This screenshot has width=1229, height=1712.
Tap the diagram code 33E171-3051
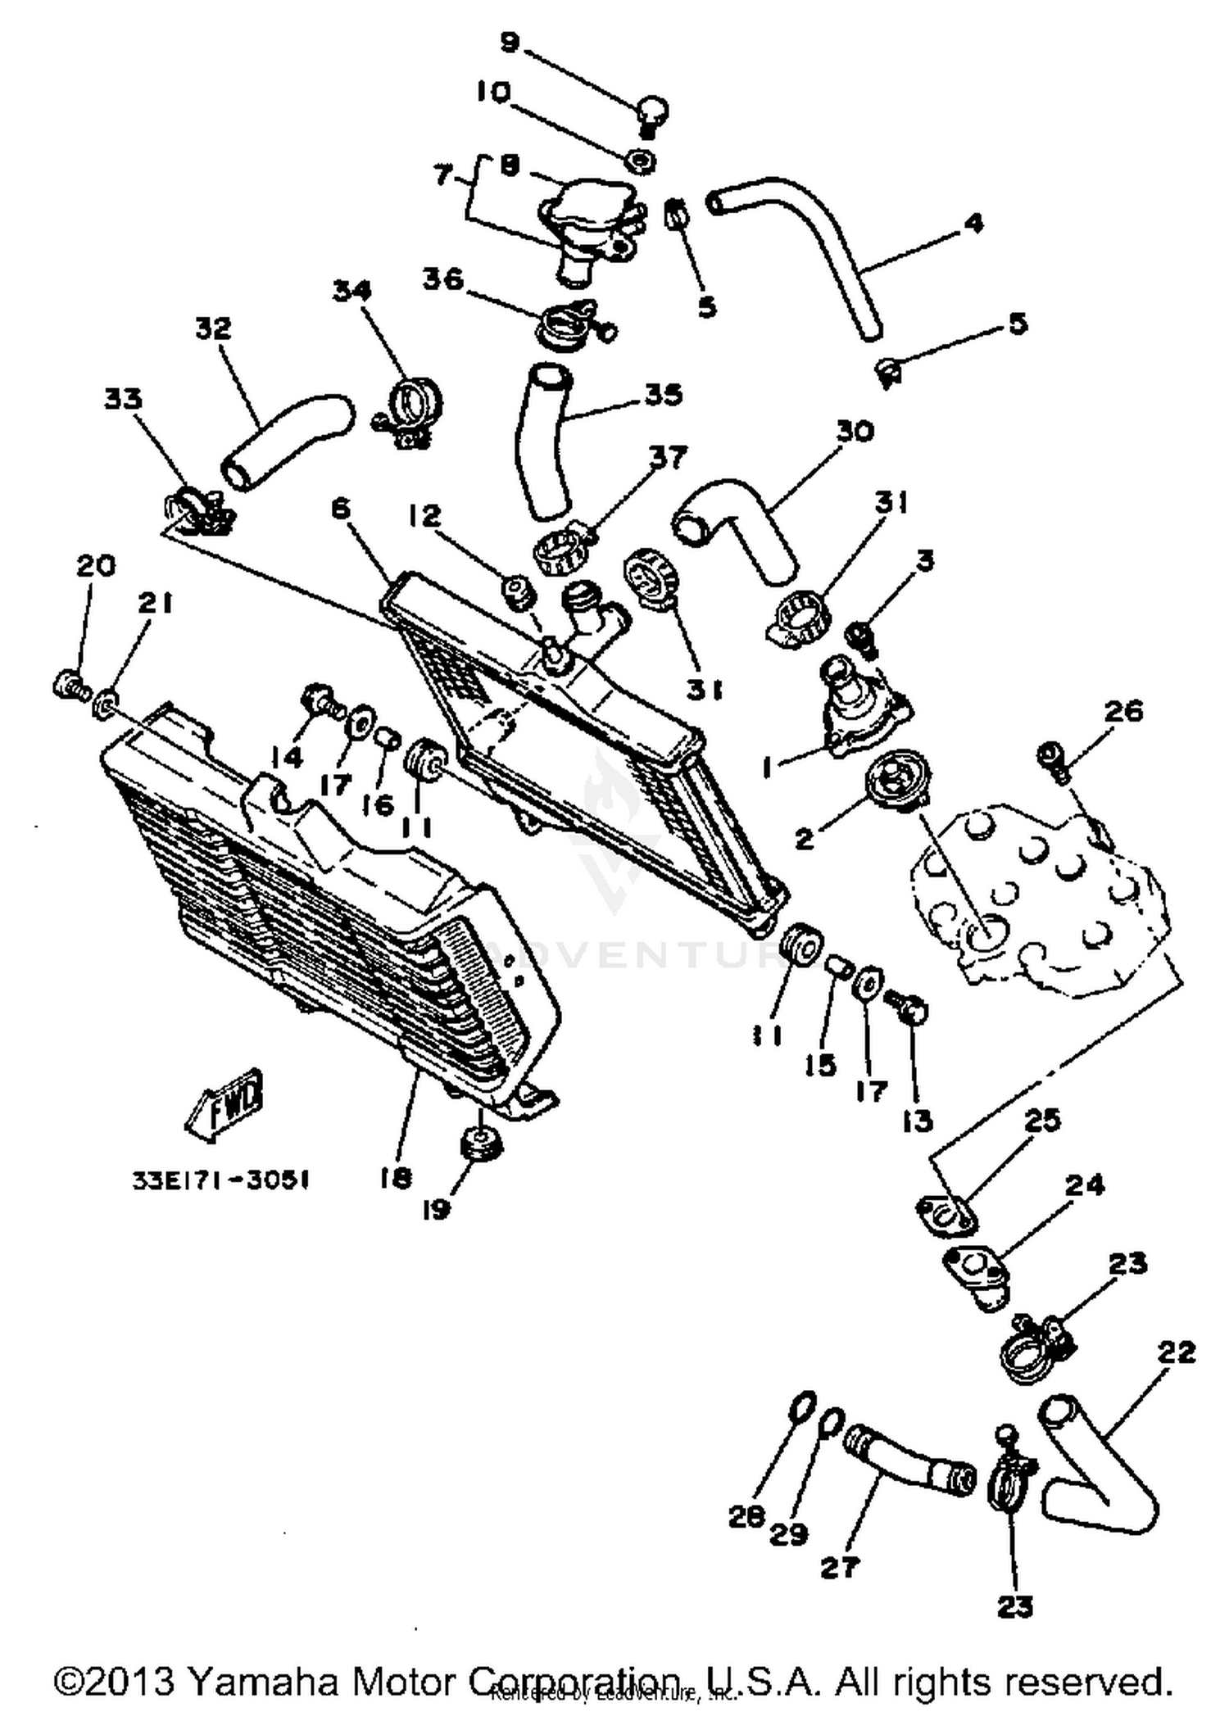pos(220,1180)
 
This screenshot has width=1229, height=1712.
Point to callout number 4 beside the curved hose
pos(973,223)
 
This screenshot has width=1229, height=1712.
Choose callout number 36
pos(443,279)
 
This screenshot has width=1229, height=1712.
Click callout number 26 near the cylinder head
pos(1123,711)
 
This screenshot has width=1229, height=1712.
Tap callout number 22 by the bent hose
pos(1176,1351)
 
